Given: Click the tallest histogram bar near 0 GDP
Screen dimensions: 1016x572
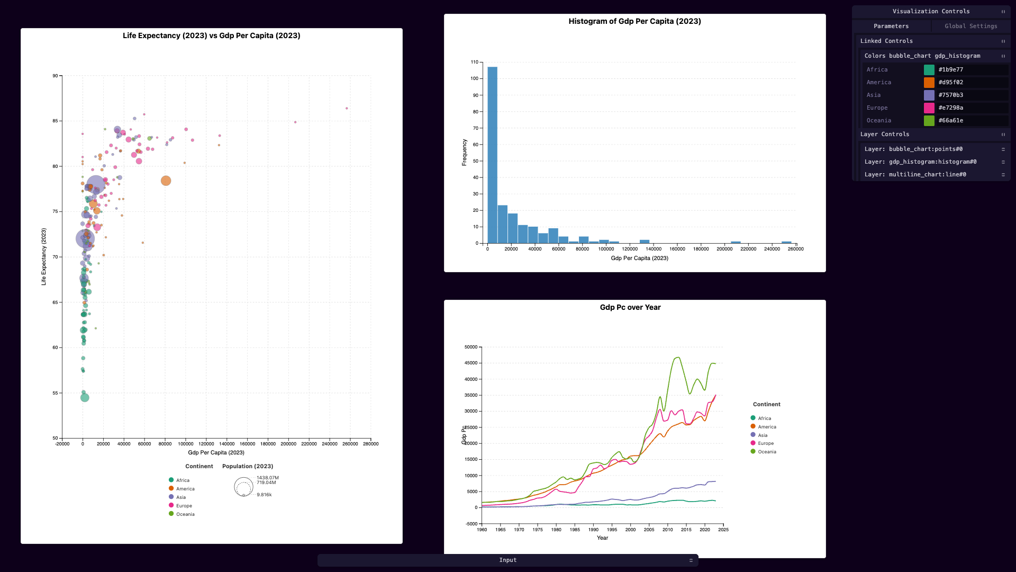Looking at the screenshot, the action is (x=492, y=155).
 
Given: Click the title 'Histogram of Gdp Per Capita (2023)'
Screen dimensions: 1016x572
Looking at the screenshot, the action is (x=634, y=21).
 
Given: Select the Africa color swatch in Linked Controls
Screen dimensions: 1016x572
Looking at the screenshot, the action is (x=929, y=70).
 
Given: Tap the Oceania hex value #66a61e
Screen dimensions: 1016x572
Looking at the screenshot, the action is (x=950, y=121).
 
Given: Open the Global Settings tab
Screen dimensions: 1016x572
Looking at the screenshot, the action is (x=970, y=26).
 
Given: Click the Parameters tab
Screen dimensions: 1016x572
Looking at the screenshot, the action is (x=891, y=26).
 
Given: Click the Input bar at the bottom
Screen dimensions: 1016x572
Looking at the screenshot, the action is (x=507, y=560).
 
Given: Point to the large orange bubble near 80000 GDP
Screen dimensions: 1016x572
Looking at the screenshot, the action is (x=166, y=181).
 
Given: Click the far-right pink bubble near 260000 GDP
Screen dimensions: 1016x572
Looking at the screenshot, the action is (x=347, y=109).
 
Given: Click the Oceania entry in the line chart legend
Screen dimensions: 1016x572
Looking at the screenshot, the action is (x=763, y=452).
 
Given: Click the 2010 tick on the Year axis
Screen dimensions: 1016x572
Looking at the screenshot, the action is (x=667, y=530).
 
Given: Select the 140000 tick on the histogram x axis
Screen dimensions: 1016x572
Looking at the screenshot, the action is (x=654, y=249).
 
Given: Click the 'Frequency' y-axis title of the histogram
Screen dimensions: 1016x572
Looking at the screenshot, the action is (x=464, y=153).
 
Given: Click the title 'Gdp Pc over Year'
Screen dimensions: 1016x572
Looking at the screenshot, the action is (x=630, y=308).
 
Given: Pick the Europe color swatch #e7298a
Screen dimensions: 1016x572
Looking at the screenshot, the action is (x=929, y=108).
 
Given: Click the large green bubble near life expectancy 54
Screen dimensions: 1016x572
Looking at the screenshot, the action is (x=85, y=398).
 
